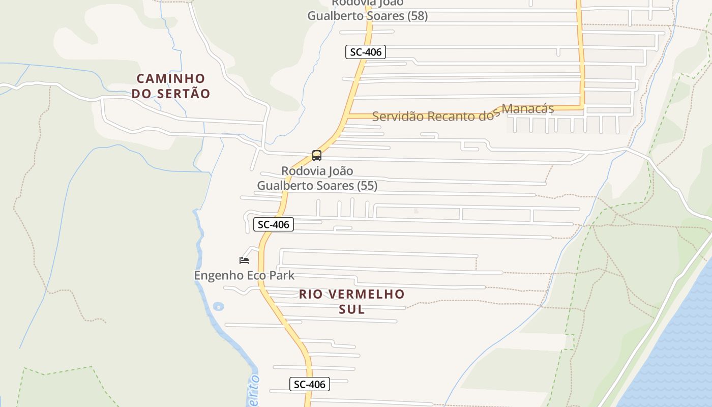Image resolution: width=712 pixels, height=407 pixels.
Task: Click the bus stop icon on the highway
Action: [x=317, y=156]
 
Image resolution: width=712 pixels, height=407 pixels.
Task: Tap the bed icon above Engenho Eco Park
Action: [x=244, y=260]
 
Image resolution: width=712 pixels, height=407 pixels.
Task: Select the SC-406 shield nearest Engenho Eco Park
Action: [x=274, y=224]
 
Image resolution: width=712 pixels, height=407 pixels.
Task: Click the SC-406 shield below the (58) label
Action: [x=366, y=52]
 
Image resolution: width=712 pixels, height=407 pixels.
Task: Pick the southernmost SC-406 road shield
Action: [x=310, y=385]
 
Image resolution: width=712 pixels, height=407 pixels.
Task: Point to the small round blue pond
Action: [x=218, y=306]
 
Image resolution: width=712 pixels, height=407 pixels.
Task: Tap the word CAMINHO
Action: [x=171, y=79]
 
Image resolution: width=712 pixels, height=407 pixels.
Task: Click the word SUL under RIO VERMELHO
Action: [x=352, y=309]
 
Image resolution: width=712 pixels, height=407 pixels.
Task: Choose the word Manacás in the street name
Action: [x=527, y=109]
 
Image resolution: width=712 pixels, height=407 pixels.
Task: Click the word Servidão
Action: [x=398, y=117]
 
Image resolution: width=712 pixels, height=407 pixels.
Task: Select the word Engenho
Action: [x=217, y=276]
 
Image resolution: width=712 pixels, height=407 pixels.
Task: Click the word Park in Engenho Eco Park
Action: [x=282, y=276]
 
